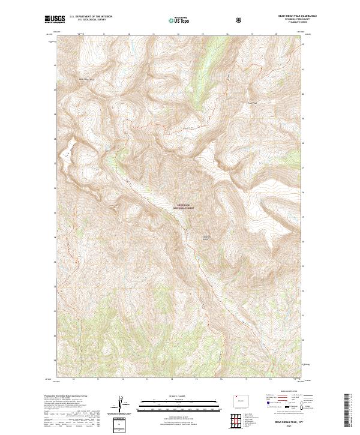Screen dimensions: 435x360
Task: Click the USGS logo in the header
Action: tap(55, 20)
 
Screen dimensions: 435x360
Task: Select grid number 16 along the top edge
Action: tap(227, 34)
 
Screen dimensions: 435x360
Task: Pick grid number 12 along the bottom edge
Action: tap(122, 379)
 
